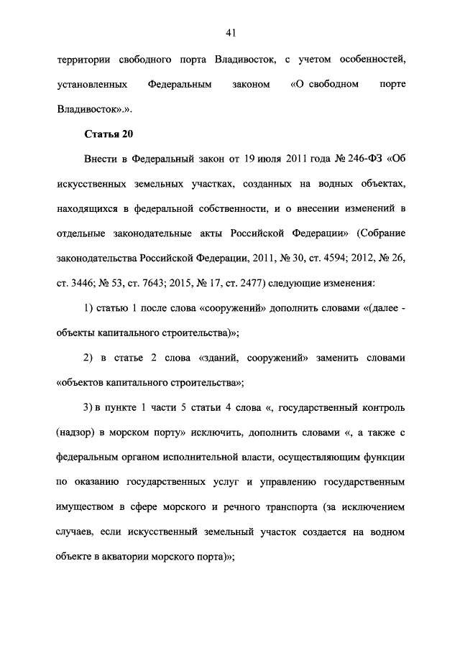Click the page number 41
[x=230, y=32]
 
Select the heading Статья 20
[x=109, y=134]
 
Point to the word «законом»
[x=252, y=85]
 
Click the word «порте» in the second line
[x=391, y=85]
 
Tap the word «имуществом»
[x=86, y=508]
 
